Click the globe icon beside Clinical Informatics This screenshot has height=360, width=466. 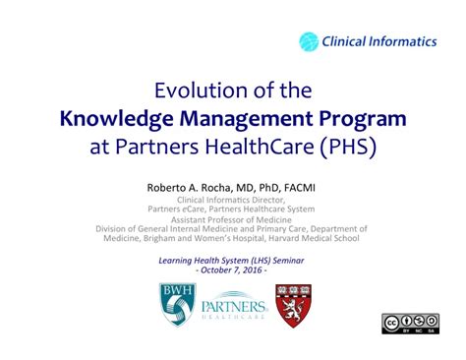pyautogui.click(x=309, y=41)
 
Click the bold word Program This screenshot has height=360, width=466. pyautogui.click(x=361, y=120)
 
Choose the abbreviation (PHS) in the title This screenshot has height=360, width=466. pyautogui.click(x=345, y=149)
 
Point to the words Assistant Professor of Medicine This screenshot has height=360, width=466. pyautogui.click(x=233, y=218)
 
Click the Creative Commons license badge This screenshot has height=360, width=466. pyautogui.click(x=410, y=324)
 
